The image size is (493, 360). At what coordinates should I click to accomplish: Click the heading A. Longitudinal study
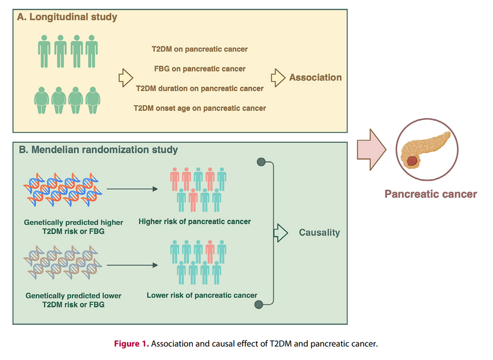tap(67, 18)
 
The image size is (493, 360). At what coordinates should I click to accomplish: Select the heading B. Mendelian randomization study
tap(98, 150)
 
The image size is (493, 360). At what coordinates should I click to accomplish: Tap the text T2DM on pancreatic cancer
tap(200, 49)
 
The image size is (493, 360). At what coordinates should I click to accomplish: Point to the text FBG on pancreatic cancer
tap(200, 69)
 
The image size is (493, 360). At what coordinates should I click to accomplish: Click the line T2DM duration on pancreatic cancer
tap(200, 88)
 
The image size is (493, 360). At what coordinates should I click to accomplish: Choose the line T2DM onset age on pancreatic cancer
tap(200, 108)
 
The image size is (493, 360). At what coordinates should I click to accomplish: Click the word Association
tap(315, 78)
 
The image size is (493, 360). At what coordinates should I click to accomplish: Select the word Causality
tap(319, 232)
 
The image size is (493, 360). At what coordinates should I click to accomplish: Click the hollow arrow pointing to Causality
tap(280, 233)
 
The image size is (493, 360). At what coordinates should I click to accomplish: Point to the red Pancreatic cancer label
tap(431, 194)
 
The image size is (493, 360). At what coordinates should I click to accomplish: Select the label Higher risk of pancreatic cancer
tap(195, 221)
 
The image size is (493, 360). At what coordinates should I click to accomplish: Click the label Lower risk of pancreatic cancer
tap(202, 295)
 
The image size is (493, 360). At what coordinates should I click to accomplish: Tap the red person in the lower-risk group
tap(210, 251)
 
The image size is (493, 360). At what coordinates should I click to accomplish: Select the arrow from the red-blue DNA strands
tap(132, 189)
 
